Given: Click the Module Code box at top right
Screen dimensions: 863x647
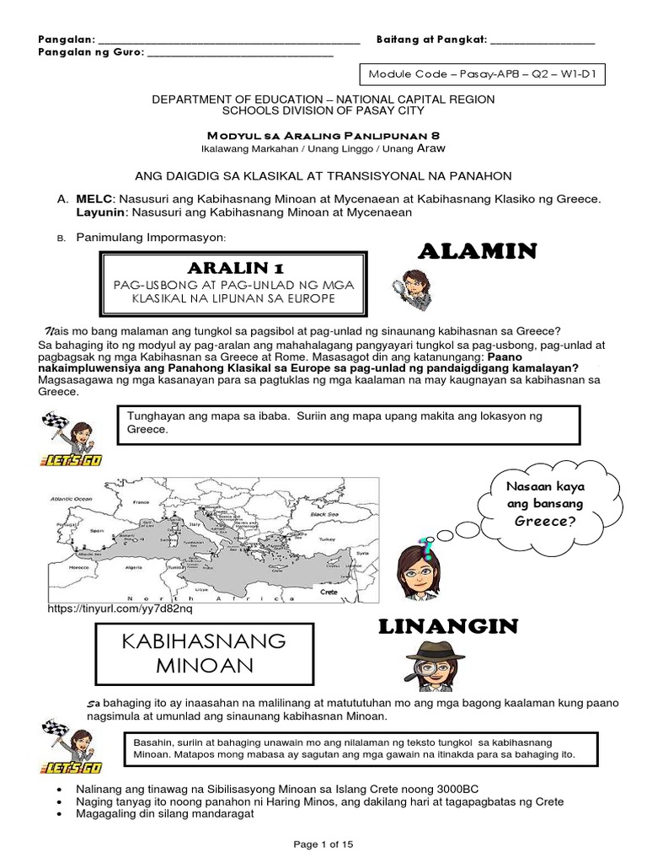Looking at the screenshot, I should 482,74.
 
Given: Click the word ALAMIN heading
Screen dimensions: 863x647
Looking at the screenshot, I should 477,250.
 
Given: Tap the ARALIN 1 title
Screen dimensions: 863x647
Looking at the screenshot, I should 235,267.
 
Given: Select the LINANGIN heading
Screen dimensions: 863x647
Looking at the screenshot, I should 447,627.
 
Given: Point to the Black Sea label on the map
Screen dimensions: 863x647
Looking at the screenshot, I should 323,512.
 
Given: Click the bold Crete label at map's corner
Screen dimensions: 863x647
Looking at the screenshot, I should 329,592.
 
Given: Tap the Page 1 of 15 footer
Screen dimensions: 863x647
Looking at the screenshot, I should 323,844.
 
